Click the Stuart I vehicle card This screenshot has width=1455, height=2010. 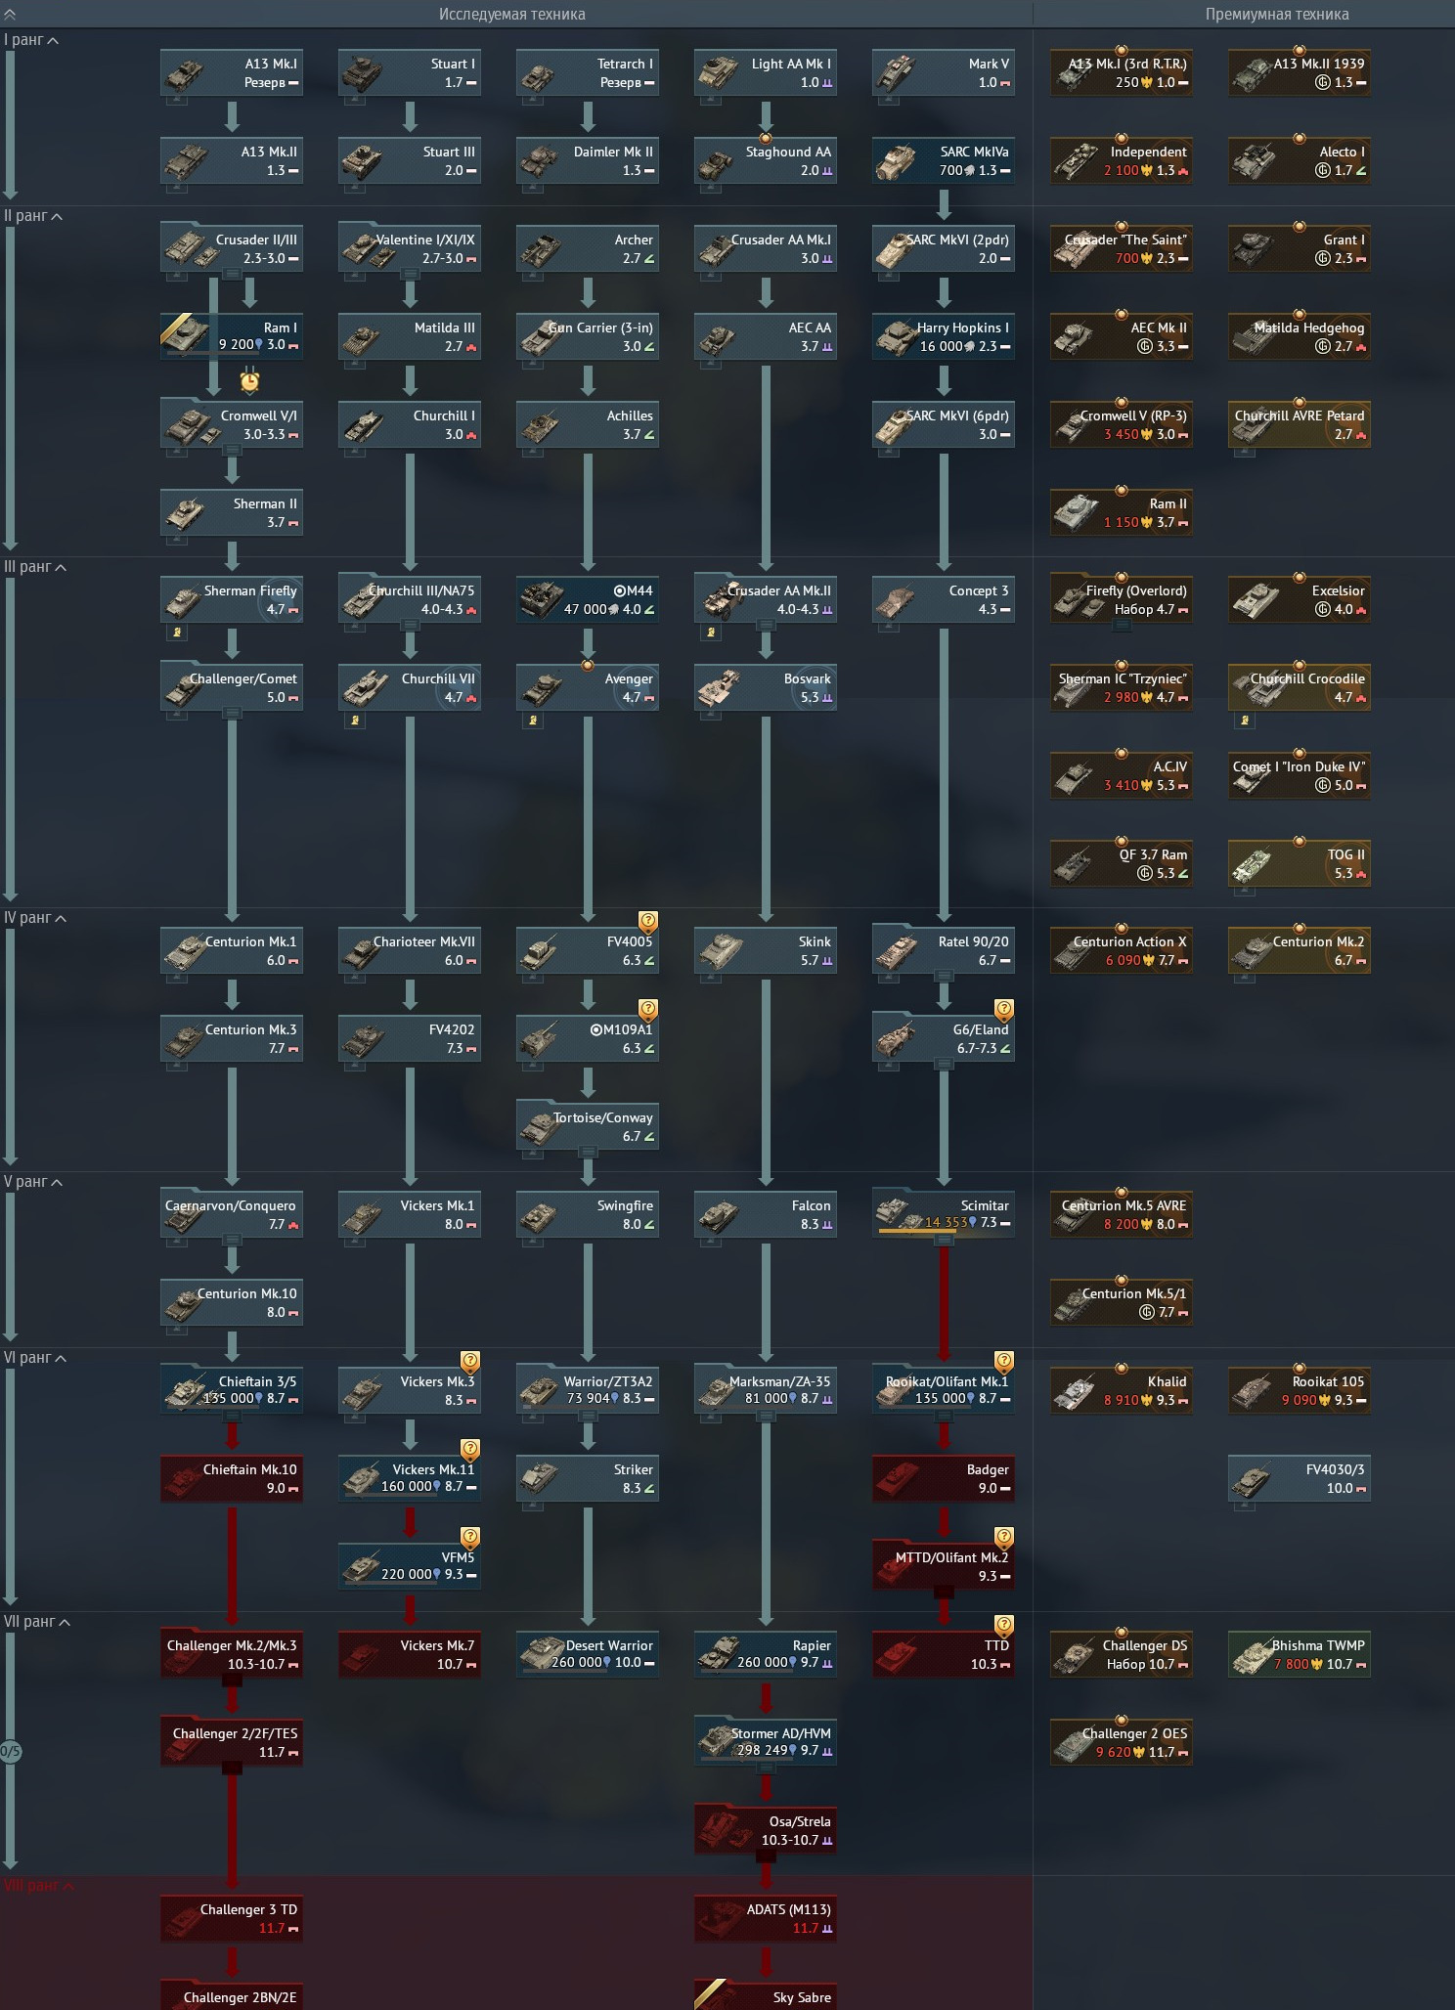pos(410,73)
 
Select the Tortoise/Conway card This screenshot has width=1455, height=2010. pos(588,1127)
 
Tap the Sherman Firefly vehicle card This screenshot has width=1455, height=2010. pos(232,600)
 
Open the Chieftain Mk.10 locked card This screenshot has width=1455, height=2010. pos(232,1479)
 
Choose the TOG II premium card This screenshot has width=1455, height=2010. pos(1300,864)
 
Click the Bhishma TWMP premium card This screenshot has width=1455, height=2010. pos(1300,1655)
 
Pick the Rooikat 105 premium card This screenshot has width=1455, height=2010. pos(1300,1391)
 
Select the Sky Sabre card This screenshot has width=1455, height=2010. pos(766,1996)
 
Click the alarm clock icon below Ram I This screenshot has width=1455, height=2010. pos(250,379)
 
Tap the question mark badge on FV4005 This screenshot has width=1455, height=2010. pos(648,921)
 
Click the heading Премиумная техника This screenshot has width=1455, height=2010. pos(1276,14)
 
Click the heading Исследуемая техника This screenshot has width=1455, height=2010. pos(511,14)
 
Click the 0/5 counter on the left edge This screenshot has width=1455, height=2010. pos(10,1751)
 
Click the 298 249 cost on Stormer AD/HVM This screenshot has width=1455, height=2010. pos(762,1750)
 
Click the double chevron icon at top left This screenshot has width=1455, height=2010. pos(10,14)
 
